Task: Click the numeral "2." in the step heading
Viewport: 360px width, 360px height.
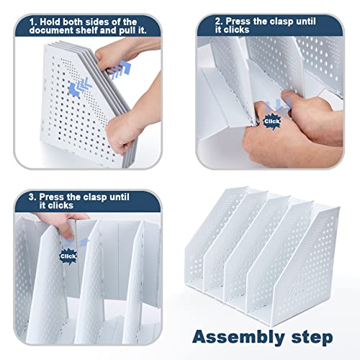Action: (x=219, y=21)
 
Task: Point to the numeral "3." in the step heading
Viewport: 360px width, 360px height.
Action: (x=32, y=197)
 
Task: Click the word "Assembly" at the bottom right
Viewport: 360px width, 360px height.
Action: (x=238, y=338)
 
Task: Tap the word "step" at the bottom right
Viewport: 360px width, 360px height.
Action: (x=312, y=338)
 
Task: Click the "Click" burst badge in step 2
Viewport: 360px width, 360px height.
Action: (x=271, y=122)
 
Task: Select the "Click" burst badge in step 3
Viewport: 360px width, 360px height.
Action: (x=68, y=256)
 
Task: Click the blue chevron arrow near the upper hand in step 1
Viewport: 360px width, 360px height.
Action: (x=120, y=70)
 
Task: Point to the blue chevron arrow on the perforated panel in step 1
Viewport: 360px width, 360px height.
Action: (x=80, y=87)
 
